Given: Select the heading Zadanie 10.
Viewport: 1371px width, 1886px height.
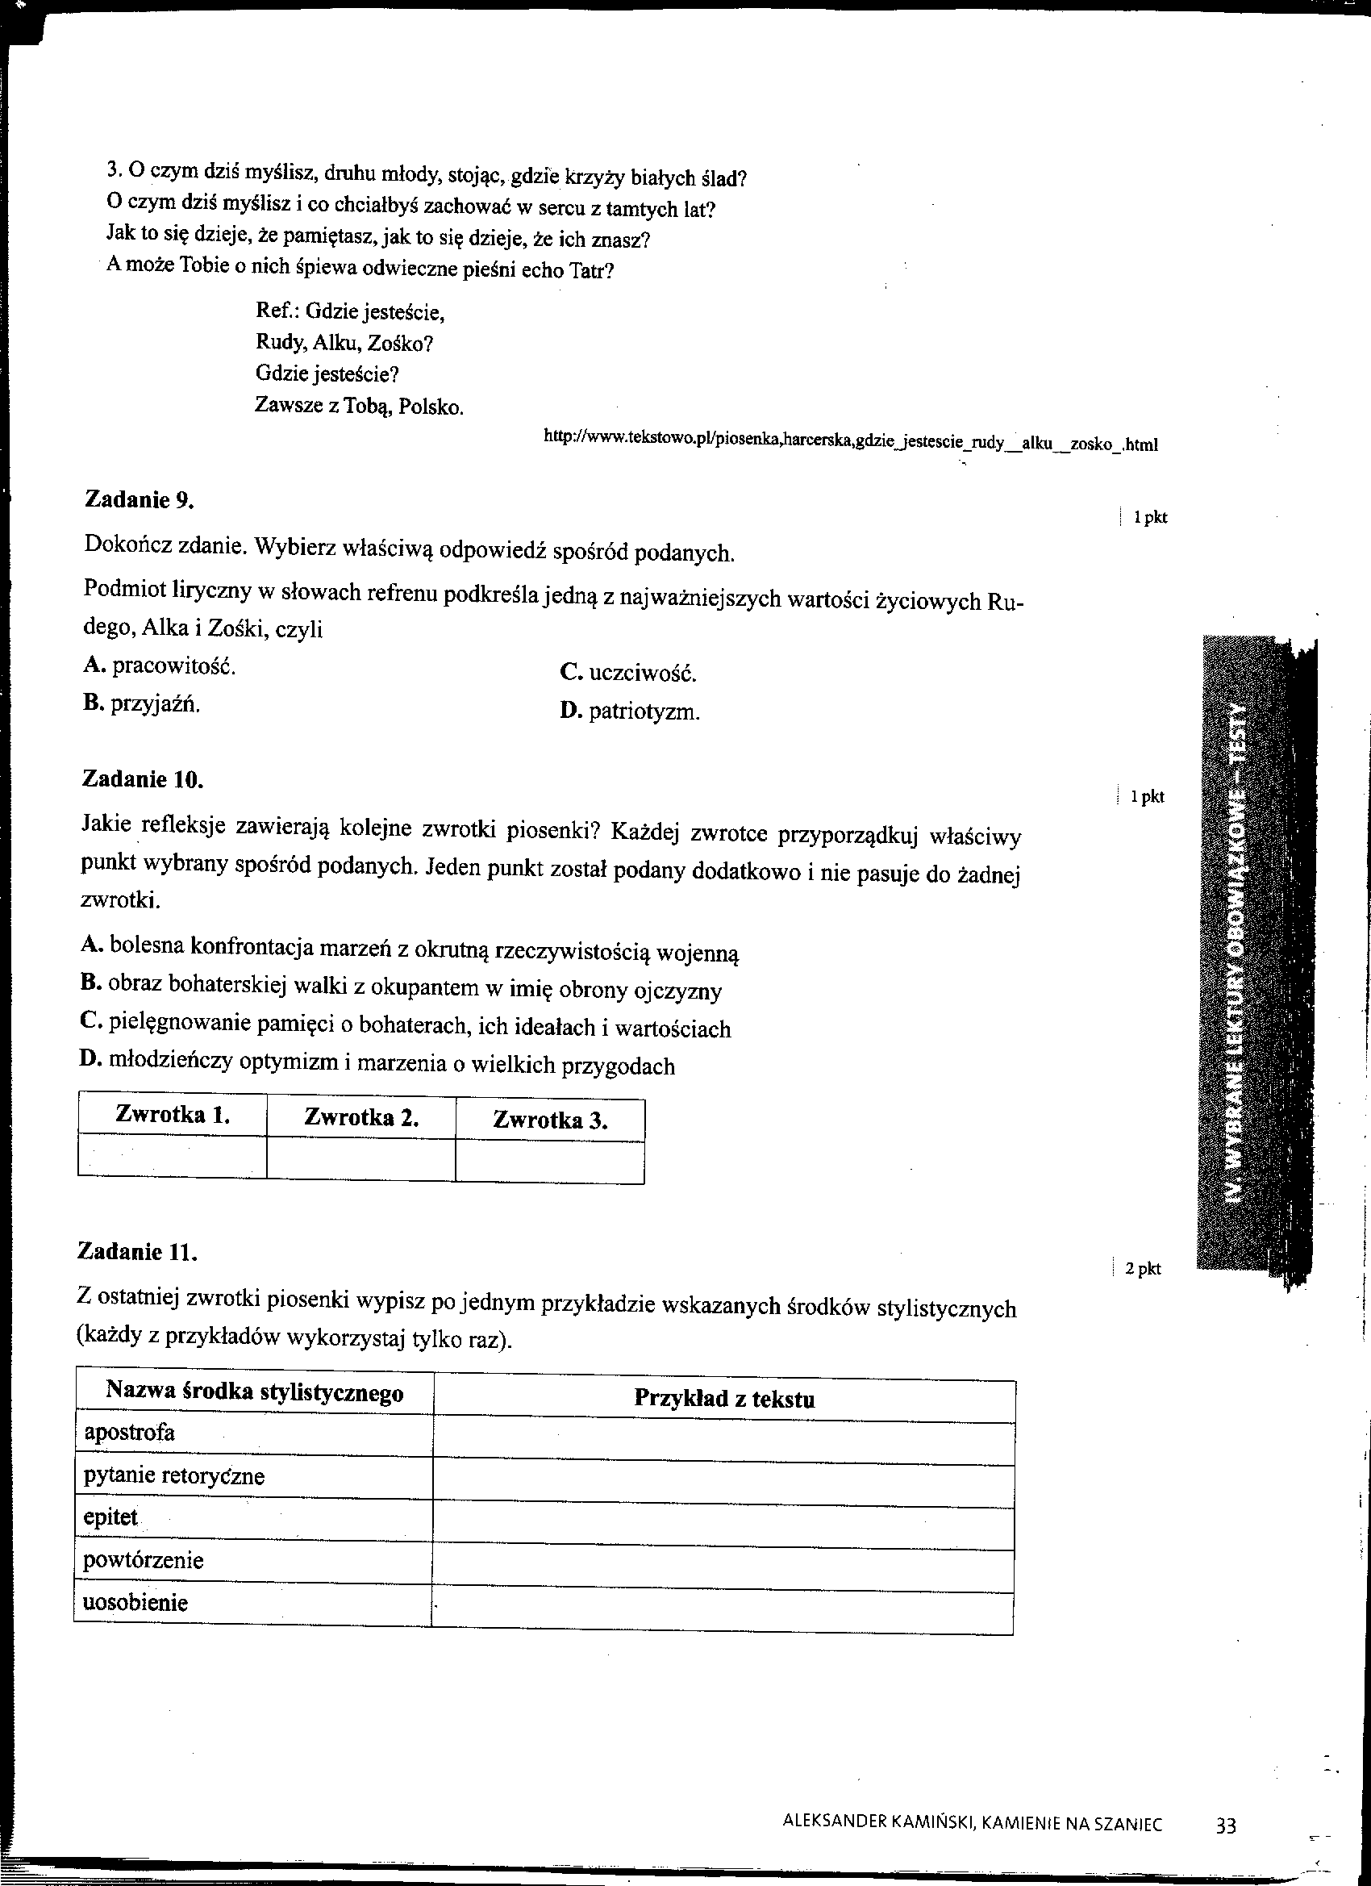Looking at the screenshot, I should pyautogui.click(x=141, y=779).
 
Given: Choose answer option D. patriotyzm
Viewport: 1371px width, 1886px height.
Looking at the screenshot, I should pyautogui.click(x=630, y=711).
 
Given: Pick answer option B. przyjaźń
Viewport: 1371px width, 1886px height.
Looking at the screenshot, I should pyautogui.click(x=141, y=704).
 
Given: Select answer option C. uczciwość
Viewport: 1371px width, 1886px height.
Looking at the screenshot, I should pyautogui.click(x=627, y=673).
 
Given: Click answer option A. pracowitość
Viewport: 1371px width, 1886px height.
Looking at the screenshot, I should pyautogui.click(x=159, y=666).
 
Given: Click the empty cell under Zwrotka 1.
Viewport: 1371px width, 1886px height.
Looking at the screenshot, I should pyautogui.click(x=172, y=1158).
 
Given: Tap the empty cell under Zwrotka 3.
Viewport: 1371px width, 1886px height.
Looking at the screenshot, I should pyautogui.click(x=549, y=1162).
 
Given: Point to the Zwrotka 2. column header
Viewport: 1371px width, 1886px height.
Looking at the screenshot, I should pyautogui.click(x=360, y=1117).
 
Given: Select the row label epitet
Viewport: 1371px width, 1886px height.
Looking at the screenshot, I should pyautogui.click(x=110, y=1517).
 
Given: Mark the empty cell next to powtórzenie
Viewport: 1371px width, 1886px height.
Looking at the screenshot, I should pyautogui.click(x=723, y=1562).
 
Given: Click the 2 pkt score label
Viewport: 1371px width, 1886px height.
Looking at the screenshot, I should pyautogui.click(x=1144, y=1269).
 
